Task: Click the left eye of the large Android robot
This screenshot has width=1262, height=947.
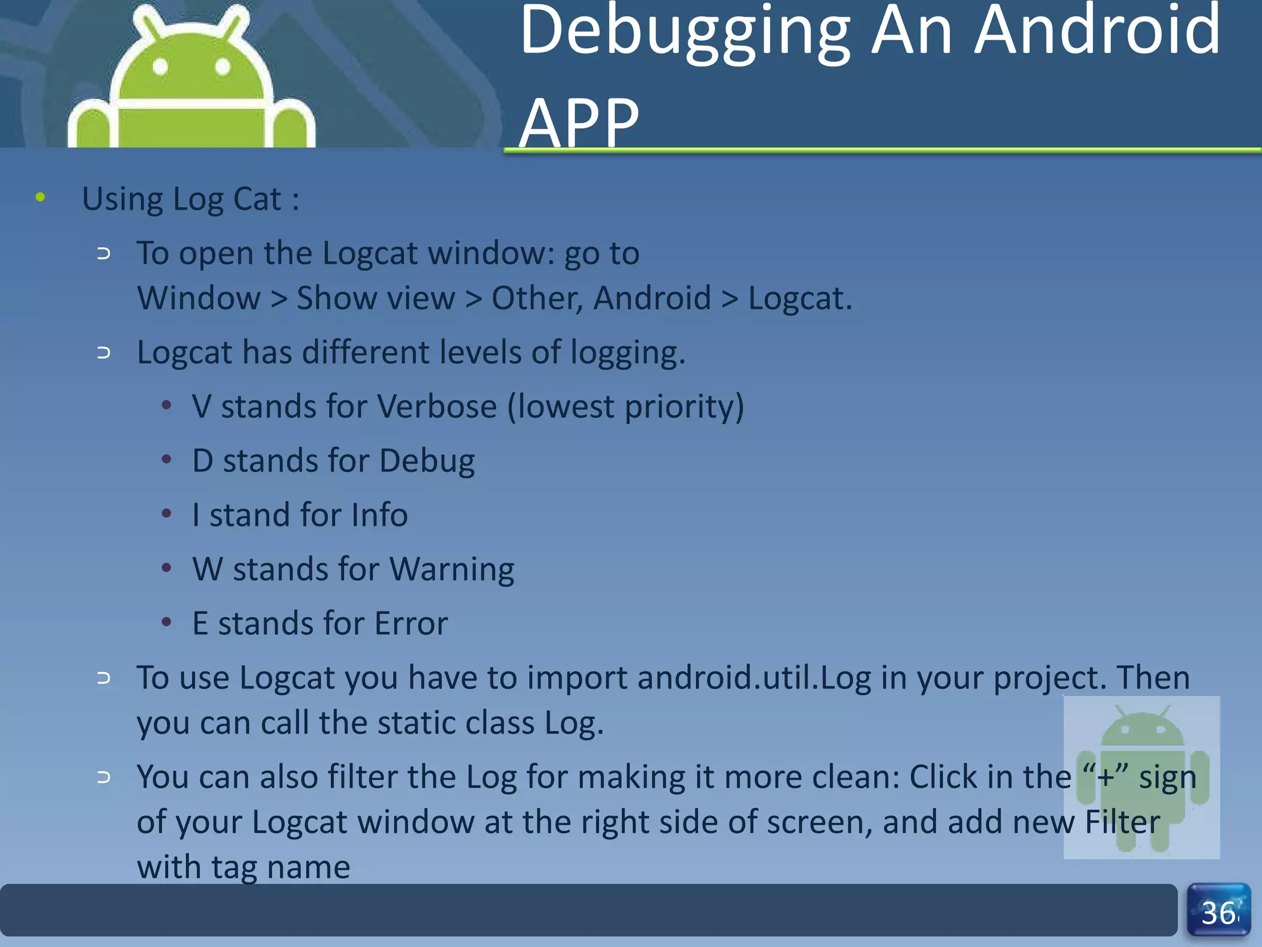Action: tap(160, 66)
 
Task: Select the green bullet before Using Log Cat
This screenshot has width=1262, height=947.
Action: tap(41, 197)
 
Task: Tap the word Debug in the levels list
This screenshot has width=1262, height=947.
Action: tap(427, 461)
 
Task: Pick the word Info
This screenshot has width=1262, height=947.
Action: tap(379, 515)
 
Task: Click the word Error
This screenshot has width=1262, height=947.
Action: tap(411, 623)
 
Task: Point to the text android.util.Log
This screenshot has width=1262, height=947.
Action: tap(754, 678)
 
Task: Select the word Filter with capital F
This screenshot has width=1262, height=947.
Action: tap(1122, 822)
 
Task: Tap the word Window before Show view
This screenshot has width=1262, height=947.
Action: tap(199, 298)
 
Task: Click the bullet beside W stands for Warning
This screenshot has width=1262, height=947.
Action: tap(166, 568)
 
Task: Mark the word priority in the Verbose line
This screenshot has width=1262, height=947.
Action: tap(684, 407)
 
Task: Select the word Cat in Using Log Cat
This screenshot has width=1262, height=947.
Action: tap(257, 199)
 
